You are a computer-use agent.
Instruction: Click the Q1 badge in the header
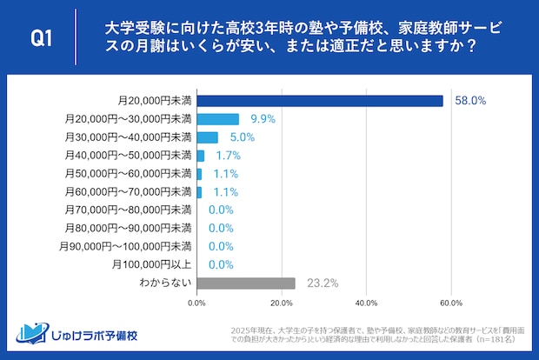pyautogui.click(x=43, y=37)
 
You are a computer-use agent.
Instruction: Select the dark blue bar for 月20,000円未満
pyautogui.click(x=320, y=101)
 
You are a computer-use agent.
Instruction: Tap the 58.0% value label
pyautogui.click(x=470, y=101)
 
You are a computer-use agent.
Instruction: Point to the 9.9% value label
pyautogui.click(x=263, y=119)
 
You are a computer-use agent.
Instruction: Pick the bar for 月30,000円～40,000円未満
pyautogui.click(x=208, y=137)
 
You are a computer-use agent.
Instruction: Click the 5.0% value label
pyautogui.click(x=242, y=137)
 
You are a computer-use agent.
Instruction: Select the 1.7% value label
pyautogui.click(x=228, y=156)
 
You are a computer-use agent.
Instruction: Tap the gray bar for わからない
pyautogui.click(x=246, y=283)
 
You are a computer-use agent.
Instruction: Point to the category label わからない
pyautogui.click(x=165, y=283)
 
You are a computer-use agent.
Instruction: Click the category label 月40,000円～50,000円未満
pyautogui.click(x=128, y=156)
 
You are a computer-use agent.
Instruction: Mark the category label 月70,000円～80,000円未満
pyautogui.click(x=128, y=210)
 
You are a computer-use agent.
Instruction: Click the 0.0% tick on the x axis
pyautogui.click(x=197, y=303)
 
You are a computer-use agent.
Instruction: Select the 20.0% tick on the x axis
pyautogui.click(x=282, y=303)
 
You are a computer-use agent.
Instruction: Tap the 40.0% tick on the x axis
pyautogui.click(x=366, y=303)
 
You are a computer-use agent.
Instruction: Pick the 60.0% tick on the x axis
pyautogui.click(x=450, y=303)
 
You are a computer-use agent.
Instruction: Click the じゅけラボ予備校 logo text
pyautogui.click(x=96, y=336)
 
